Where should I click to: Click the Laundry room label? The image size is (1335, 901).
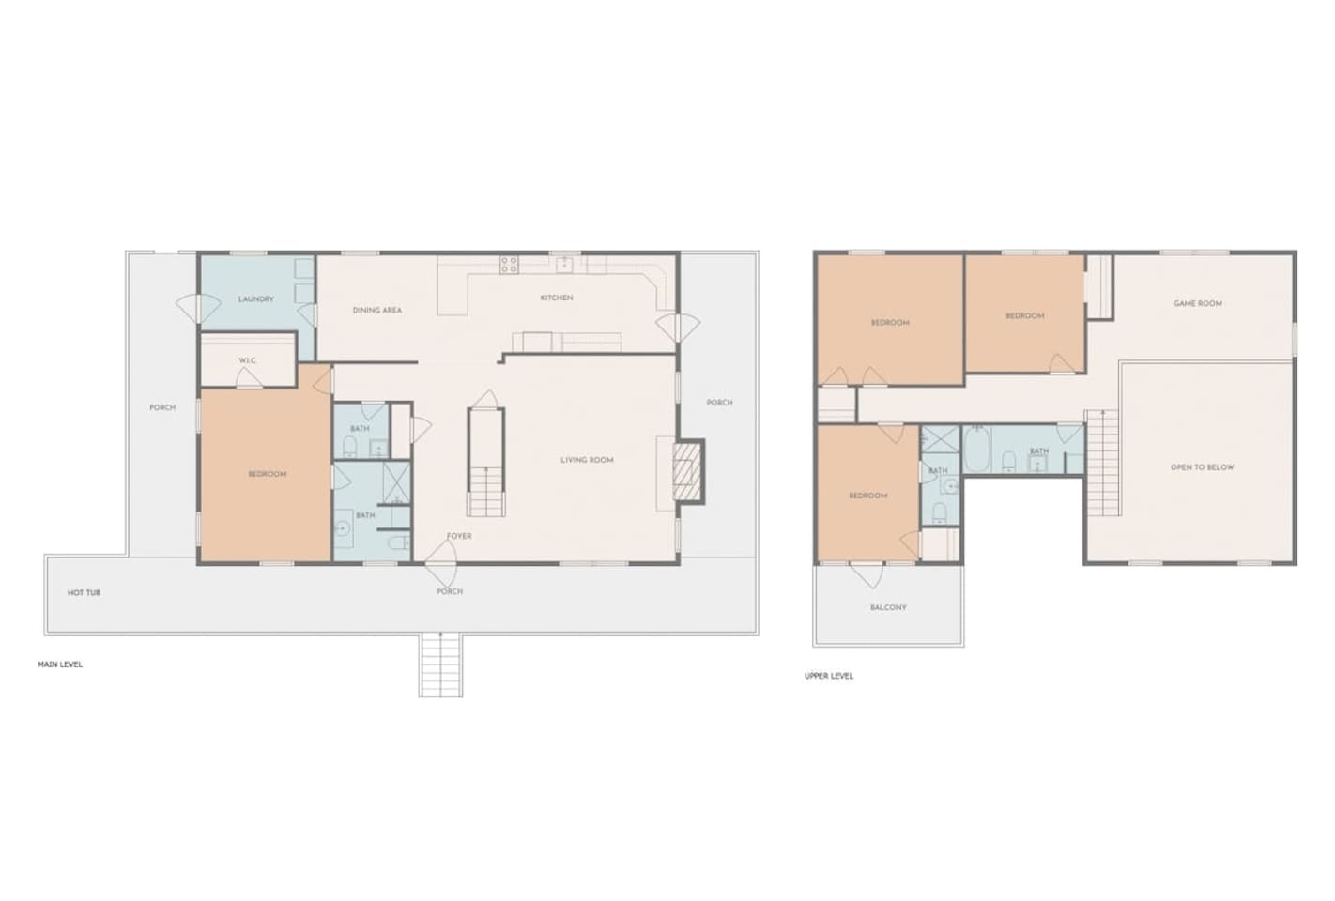(255, 299)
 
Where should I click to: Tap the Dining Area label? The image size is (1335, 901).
(377, 310)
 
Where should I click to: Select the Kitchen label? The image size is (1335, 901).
(557, 298)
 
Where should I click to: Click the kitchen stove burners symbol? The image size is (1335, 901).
(509, 265)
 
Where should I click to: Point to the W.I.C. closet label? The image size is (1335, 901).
(247, 360)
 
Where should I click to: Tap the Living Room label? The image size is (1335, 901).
(587, 460)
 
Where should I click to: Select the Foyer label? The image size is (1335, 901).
(459, 536)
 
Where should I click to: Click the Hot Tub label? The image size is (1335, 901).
(84, 593)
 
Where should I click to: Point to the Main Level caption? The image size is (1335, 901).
(60, 664)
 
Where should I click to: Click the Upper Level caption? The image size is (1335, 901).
(829, 676)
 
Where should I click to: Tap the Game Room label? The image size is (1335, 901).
(1198, 303)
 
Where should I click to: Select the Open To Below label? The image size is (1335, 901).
(1202, 467)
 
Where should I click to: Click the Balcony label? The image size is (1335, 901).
(888, 607)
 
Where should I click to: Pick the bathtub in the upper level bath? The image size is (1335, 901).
(976, 449)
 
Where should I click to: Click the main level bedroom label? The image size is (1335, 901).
(268, 474)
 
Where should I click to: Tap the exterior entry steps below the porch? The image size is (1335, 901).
(440, 664)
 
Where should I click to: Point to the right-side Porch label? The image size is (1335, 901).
(720, 403)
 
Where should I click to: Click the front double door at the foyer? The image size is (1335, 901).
(440, 564)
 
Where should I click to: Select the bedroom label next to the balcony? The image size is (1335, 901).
(868, 496)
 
